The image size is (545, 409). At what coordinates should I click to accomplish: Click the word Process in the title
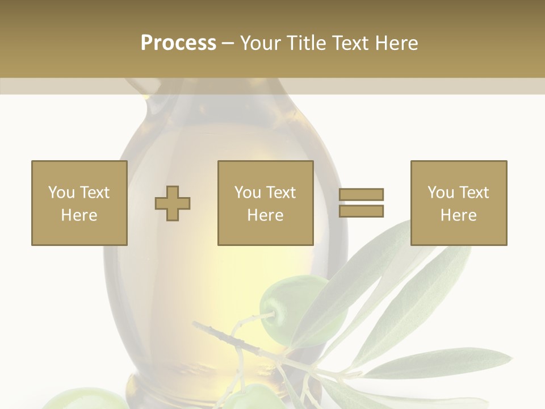pyautogui.click(x=178, y=43)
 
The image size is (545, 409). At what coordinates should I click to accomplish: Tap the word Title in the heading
pyautogui.click(x=304, y=43)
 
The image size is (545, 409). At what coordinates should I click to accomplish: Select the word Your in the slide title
pyautogui.click(x=261, y=43)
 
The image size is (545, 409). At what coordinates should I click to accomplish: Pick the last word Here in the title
pyautogui.click(x=397, y=43)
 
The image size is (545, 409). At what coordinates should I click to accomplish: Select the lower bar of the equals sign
pyautogui.click(x=361, y=211)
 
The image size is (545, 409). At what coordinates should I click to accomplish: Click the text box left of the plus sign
pyautogui.click(x=79, y=203)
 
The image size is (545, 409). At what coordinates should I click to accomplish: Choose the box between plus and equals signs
pyautogui.click(x=266, y=203)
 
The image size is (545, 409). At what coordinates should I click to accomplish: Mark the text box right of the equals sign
pyautogui.click(x=459, y=203)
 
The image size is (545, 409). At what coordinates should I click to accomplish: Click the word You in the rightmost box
pyautogui.click(x=441, y=193)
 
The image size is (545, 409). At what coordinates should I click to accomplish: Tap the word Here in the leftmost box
pyautogui.click(x=79, y=215)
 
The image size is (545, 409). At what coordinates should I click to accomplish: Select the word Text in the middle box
pyautogui.click(x=280, y=193)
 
